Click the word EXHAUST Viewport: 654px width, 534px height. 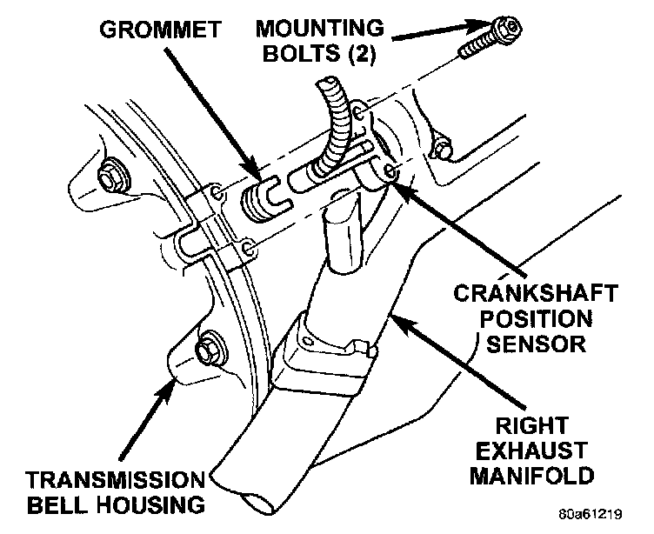541,451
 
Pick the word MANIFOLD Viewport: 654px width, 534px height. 541,476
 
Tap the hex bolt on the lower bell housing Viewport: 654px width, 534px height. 208,349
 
